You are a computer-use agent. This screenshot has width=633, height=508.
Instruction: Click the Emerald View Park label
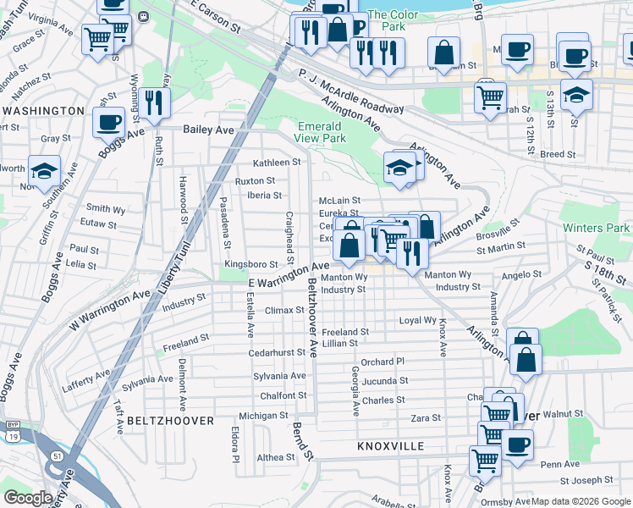click(x=322, y=132)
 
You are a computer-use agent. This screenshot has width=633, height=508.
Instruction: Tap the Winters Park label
click(x=598, y=228)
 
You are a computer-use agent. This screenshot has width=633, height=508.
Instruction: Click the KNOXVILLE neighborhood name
click(x=390, y=445)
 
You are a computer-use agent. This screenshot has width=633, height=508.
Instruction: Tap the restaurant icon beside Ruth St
click(x=153, y=103)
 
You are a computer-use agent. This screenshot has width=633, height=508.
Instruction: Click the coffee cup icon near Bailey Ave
click(x=109, y=123)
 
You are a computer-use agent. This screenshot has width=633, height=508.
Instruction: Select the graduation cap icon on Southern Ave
click(x=45, y=168)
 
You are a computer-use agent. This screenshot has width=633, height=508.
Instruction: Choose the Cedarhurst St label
click(x=277, y=352)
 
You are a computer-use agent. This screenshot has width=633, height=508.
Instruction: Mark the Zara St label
click(x=426, y=418)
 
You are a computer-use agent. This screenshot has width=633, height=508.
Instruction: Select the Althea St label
click(x=276, y=456)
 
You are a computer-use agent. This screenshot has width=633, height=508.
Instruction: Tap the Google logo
click(x=28, y=498)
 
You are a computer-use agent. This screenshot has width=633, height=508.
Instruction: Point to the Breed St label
click(x=558, y=155)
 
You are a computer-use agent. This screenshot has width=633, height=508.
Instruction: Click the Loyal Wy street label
click(x=418, y=321)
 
